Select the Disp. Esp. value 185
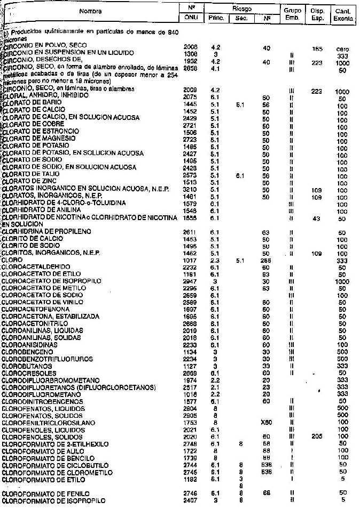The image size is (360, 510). pos(318,47)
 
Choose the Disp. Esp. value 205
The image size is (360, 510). pos(318,451)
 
